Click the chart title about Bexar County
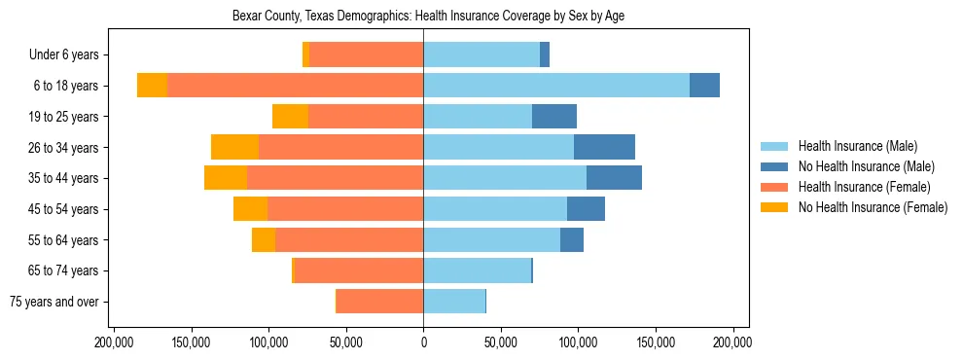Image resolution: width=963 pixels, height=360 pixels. click(x=423, y=17)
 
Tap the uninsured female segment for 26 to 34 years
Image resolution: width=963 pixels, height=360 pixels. click(x=234, y=147)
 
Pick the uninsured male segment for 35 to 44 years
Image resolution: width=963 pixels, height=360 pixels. click(x=614, y=178)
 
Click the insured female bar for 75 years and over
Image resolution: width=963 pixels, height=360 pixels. click(x=379, y=302)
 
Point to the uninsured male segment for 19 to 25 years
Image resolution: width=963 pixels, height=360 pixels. click(x=554, y=117)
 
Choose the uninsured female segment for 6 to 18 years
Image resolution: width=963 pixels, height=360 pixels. click(x=152, y=86)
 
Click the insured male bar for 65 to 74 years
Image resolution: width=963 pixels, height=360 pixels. click(x=477, y=270)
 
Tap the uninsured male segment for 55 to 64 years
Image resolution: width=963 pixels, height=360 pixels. click(x=572, y=239)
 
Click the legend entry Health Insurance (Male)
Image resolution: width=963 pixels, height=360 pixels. click(x=857, y=146)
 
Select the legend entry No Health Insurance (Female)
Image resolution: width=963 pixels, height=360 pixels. click(x=873, y=207)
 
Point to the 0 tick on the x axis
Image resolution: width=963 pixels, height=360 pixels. click(x=423, y=342)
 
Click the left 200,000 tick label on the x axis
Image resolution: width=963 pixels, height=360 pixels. click(x=115, y=342)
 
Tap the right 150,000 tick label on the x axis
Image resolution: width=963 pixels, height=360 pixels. click(x=655, y=342)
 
